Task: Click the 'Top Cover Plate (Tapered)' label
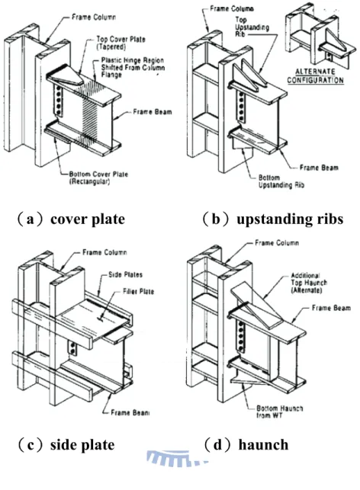coord(121,43)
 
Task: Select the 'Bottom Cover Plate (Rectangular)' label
coord(98,178)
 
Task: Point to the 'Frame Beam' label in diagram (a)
coord(153,112)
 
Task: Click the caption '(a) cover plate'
coord(71,219)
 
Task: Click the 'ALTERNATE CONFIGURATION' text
coord(315,76)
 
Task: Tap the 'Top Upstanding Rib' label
coord(252,27)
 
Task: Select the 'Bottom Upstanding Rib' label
coord(281,181)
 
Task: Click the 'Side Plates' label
coord(125,275)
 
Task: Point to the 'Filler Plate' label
coord(138,292)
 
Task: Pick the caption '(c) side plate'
coord(66,445)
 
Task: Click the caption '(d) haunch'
coord(246,445)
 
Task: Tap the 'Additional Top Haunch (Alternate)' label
coord(309,283)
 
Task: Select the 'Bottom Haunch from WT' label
coord(280,412)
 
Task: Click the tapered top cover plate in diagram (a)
coord(66,77)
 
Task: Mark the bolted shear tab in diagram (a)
coord(57,99)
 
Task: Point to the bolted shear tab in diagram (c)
coord(72,347)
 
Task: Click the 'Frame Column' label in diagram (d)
coord(277,243)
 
